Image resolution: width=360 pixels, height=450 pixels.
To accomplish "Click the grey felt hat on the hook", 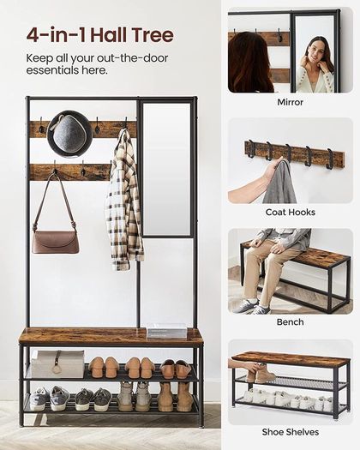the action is (x=69, y=135).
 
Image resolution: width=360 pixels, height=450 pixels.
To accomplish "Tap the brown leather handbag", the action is (x=56, y=242).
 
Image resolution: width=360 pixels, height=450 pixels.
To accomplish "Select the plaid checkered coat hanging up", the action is (x=124, y=201).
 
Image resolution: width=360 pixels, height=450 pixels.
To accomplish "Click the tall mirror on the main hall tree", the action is (x=166, y=169).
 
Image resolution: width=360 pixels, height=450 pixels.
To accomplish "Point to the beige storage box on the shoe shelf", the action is (x=57, y=364).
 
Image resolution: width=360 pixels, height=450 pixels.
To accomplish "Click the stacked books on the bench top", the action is (x=167, y=330).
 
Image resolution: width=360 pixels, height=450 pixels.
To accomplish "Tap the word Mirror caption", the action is (x=290, y=102).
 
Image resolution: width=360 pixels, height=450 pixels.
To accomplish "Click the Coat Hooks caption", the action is (x=291, y=212).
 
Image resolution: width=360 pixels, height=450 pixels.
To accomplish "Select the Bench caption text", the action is (x=290, y=322).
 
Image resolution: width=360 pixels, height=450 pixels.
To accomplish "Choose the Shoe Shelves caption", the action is (x=291, y=432).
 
